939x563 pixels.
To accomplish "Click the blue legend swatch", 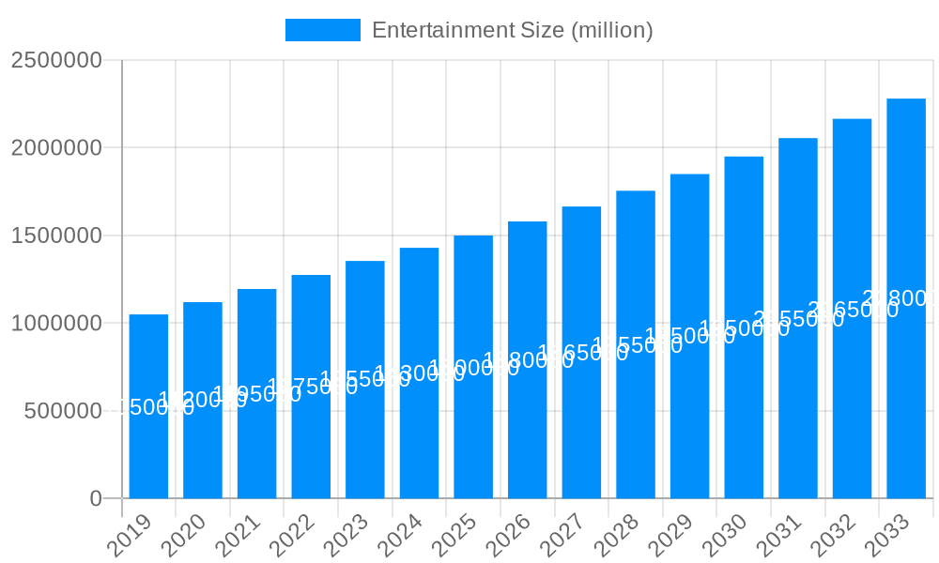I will pyautogui.click(x=322, y=30).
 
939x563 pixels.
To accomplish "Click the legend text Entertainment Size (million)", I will pyautogui.click(x=512, y=30).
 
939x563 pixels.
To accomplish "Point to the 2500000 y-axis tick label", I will pyautogui.click(x=56, y=60).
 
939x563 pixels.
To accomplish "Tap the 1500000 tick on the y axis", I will pyautogui.click(x=56, y=236).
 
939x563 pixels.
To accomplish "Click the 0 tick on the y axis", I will pyautogui.click(x=96, y=498).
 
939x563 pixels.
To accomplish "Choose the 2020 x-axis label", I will pyautogui.click(x=184, y=536).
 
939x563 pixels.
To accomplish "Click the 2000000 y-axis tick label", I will pyautogui.click(x=56, y=147).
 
